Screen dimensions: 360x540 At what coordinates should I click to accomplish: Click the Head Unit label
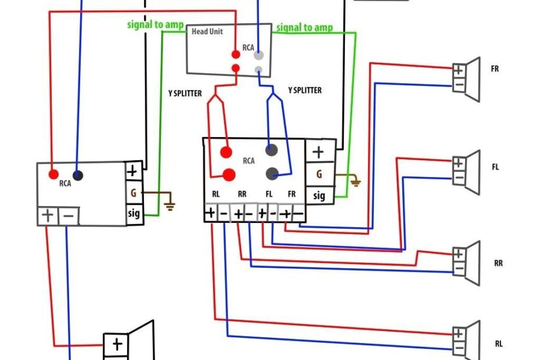[207, 31]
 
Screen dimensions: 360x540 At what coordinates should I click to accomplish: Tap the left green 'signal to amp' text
[155, 25]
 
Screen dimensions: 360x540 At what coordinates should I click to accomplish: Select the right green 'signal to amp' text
[304, 27]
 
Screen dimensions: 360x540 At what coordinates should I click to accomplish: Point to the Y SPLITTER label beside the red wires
[185, 93]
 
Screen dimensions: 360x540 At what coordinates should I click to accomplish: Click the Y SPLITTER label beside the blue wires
[304, 91]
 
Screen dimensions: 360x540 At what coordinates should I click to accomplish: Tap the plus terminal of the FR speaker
[459, 70]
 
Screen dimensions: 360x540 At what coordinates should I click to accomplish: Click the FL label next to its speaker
[495, 167]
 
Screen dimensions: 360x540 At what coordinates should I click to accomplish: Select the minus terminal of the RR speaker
[459, 269]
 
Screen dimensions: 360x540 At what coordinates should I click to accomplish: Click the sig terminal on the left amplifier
[134, 214]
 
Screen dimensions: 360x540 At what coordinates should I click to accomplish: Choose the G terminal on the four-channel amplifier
[319, 174]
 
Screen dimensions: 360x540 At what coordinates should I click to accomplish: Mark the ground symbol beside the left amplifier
[169, 203]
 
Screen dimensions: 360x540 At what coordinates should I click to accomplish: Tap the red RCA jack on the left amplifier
[53, 174]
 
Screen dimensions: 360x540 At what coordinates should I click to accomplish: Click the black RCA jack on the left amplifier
[77, 175]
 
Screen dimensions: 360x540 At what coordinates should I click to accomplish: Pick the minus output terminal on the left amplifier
[69, 216]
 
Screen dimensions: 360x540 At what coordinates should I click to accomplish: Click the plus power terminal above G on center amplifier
[319, 152]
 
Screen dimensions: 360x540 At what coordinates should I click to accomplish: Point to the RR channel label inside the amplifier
[242, 195]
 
